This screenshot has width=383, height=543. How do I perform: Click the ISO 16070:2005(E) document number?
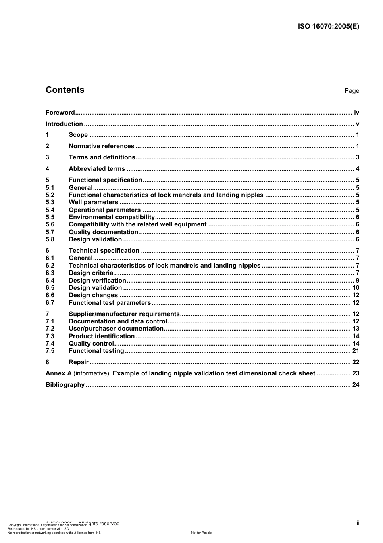pyautogui.click(x=328, y=27)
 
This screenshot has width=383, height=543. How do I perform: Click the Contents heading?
pyautogui.click(x=65, y=90)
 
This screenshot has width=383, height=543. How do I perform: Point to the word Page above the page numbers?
pyautogui.click(x=352, y=91)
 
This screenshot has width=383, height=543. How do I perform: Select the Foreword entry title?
pyautogui.click(x=60, y=113)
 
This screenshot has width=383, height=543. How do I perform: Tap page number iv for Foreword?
pyautogui.click(x=356, y=113)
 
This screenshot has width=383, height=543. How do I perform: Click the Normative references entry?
pyautogui.click(x=101, y=146)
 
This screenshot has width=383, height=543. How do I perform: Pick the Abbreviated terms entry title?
pyautogui.click(x=97, y=169)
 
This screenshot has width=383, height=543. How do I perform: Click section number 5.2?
pyautogui.click(x=50, y=195)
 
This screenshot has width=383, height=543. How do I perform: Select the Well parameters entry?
pyautogui.click(x=94, y=202)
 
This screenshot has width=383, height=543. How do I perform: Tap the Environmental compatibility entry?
pyautogui.click(x=112, y=217)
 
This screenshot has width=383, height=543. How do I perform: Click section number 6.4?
pyautogui.click(x=50, y=281)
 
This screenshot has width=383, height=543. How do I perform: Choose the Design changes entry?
pyautogui.click(x=93, y=295)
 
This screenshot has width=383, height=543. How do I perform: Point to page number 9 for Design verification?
pyautogui.click(x=357, y=281)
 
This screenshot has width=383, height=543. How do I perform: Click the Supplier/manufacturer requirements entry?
pyautogui.click(x=124, y=314)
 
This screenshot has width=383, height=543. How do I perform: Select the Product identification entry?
pyautogui.click(x=102, y=336)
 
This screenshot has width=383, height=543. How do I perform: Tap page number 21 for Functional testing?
pyautogui.click(x=356, y=351)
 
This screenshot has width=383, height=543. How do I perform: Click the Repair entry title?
pyautogui.click(x=79, y=362)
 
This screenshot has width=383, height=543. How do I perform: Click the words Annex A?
pyautogui.click(x=58, y=373)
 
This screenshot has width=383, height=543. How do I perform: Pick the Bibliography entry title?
pyautogui.click(x=65, y=385)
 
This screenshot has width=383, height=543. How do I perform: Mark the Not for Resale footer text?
pyautogui.click(x=201, y=533)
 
